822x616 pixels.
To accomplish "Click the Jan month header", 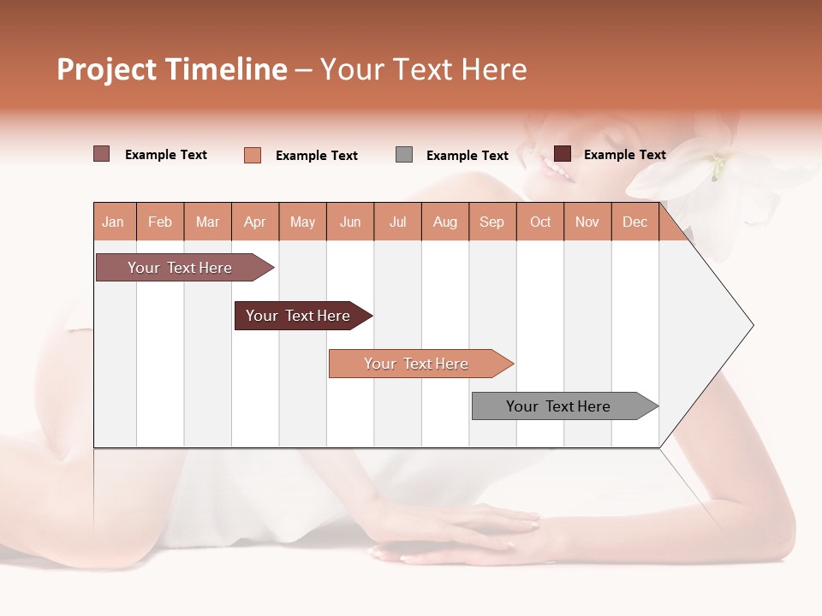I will pyautogui.click(x=114, y=222).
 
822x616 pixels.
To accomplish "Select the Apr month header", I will pyautogui.click(x=255, y=222).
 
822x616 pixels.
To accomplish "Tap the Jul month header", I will pyautogui.click(x=397, y=222).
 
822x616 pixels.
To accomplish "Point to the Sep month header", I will pyautogui.click(x=491, y=222).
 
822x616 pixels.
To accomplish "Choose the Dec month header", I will pyautogui.click(x=634, y=222).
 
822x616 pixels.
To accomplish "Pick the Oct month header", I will pyautogui.click(x=540, y=222).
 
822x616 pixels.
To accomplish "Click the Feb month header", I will pyautogui.click(x=160, y=222).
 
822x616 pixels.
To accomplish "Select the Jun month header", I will pyautogui.click(x=350, y=222).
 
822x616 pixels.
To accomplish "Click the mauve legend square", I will pyautogui.click(x=102, y=154).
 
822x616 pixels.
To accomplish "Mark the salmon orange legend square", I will pyautogui.click(x=253, y=155).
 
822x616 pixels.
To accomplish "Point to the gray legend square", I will pyautogui.click(x=404, y=154).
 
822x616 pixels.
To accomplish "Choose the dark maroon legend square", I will pyautogui.click(x=563, y=154).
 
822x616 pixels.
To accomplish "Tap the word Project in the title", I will pyautogui.click(x=106, y=69).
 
